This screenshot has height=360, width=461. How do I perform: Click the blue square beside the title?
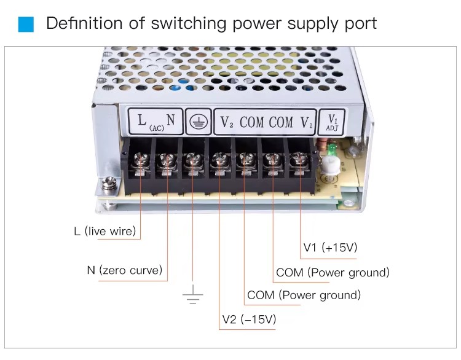point(26,24)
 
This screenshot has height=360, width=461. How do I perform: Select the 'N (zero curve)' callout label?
point(125,270)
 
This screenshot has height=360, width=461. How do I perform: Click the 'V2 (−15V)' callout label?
point(249,319)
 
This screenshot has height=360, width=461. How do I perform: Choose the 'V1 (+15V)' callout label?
point(330,248)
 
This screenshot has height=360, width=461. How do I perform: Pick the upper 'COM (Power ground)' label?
point(333,272)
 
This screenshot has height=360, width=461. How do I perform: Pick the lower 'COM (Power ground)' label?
point(304,295)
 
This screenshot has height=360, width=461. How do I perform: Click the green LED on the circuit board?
point(333,151)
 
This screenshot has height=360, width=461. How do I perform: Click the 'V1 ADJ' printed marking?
point(333,120)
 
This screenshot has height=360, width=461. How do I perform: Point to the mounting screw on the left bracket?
point(109,182)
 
